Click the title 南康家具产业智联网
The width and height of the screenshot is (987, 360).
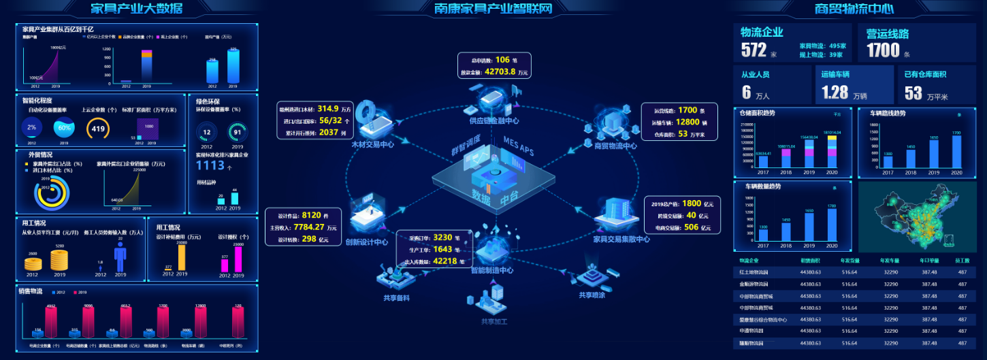click(x=493, y=8)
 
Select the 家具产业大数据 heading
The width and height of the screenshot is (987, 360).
click(x=136, y=8)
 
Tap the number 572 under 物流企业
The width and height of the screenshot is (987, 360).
click(x=754, y=50)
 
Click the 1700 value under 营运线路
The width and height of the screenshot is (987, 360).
click(x=883, y=50)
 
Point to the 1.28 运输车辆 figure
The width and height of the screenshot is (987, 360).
click(x=835, y=92)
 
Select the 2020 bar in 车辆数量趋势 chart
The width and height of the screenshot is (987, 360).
click(x=830, y=225)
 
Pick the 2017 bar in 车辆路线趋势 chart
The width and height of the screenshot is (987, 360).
click(x=888, y=164)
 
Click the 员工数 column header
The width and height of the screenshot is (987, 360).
click(x=962, y=260)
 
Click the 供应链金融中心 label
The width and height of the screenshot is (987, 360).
click(x=494, y=121)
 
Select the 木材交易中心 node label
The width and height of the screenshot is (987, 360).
click(x=373, y=145)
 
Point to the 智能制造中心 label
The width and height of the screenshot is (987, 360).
click(x=492, y=270)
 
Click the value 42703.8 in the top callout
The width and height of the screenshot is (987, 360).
click(x=499, y=71)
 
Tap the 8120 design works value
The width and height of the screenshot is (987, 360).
click(x=315, y=215)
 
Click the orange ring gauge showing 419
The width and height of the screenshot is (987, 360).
click(x=98, y=128)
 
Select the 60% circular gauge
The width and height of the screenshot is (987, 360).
click(x=65, y=127)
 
